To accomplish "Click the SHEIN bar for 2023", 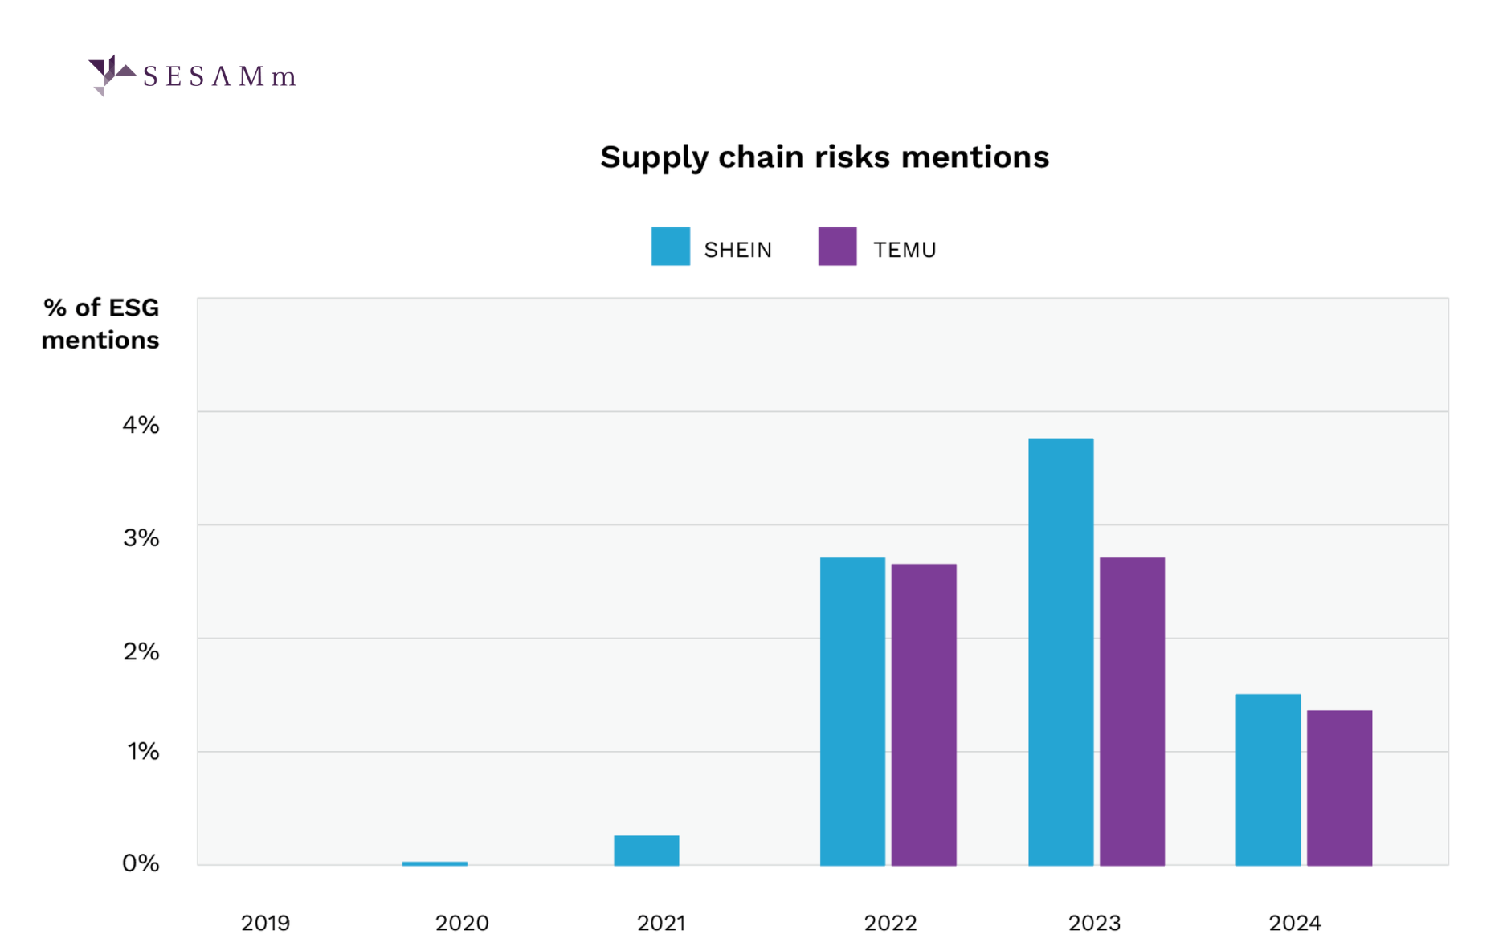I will click(x=1060, y=651).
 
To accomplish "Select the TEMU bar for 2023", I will click(x=1132, y=711).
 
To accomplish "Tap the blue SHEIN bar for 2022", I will click(x=852, y=711).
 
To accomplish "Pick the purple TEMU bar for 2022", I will click(x=924, y=714).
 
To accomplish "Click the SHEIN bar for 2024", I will click(x=1268, y=779).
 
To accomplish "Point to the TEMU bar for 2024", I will click(x=1339, y=787).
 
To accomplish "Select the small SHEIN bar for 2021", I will click(x=647, y=850).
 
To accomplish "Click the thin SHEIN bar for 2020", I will click(x=435, y=863).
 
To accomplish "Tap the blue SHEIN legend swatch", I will click(x=671, y=247).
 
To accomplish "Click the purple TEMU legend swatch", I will click(x=837, y=247).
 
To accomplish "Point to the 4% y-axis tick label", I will click(x=141, y=425).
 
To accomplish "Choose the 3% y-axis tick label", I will click(x=141, y=538).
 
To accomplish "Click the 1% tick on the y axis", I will click(x=142, y=751).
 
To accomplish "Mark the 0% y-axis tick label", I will click(x=141, y=863).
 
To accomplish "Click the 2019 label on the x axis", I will click(x=266, y=923).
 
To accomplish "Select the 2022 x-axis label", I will click(x=890, y=923).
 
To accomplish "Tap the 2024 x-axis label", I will click(x=1294, y=923).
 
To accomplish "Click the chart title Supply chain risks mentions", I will click(x=824, y=157).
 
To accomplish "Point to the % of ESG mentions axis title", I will click(x=100, y=324).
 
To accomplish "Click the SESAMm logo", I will click(x=193, y=76).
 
